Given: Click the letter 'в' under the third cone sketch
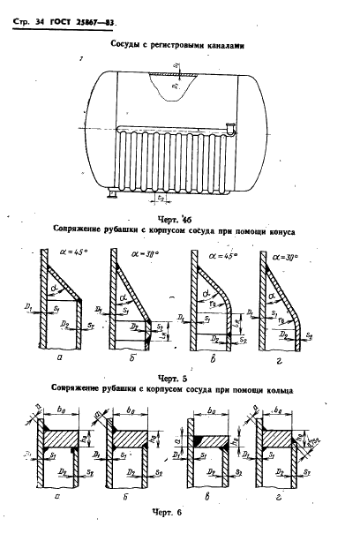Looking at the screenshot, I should click(219, 349).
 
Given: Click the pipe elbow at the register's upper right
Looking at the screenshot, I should click(229, 131).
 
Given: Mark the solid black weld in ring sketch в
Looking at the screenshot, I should click(200, 439).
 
